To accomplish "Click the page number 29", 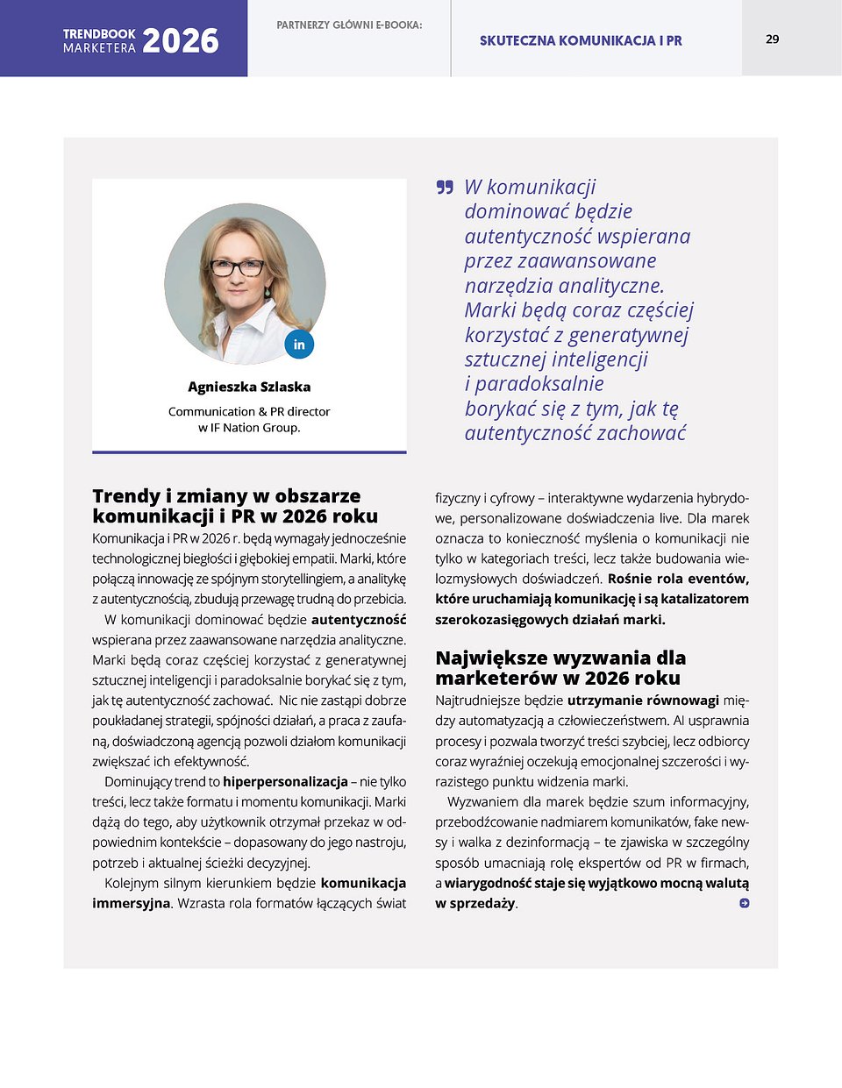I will tap(772, 39).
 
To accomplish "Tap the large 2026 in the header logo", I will tap(180, 41).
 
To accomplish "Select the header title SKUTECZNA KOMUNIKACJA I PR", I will tap(581, 40).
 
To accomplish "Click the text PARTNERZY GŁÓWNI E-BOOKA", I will tap(349, 25).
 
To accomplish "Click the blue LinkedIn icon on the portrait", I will tap(299, 345).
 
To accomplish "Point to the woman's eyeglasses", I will tap(237, 268).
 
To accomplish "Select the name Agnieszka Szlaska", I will tap(249, 387).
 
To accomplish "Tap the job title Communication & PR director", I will tap(249, 411).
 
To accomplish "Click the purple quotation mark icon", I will tap(445, 187).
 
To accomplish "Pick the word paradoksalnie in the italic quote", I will tap(539, 384).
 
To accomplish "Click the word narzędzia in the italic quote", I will tap(509, 286).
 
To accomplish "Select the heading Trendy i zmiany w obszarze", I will tap(226, 496).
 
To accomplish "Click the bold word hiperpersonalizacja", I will tap(285, 781).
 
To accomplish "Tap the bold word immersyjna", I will tap(131, 903).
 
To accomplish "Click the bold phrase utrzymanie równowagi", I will tap(643, 700).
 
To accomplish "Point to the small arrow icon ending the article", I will tap(744, 903).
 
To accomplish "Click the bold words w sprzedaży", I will tap(475, 903).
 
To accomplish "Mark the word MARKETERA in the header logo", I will tap(99, 49).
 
